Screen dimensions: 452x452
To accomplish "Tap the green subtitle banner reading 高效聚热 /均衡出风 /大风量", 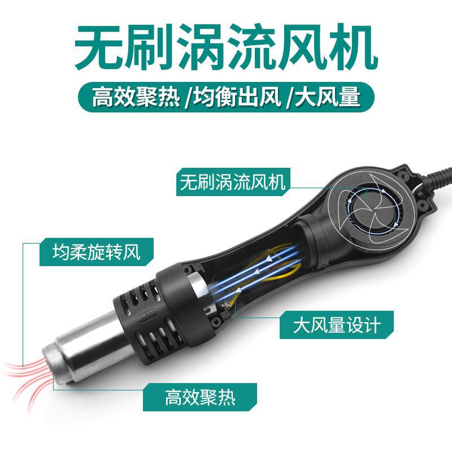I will tap(226, 96).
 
